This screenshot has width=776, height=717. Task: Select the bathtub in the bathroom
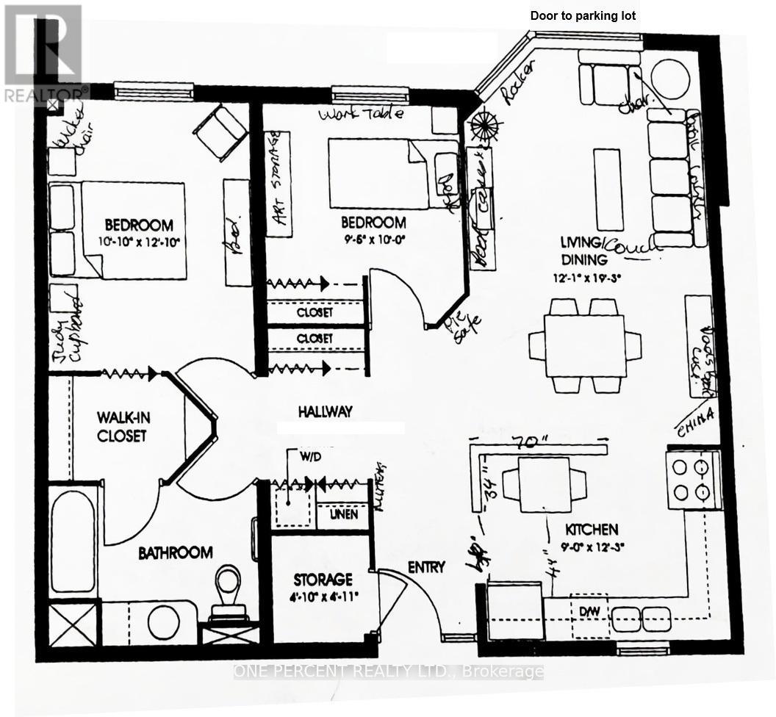point(72,540)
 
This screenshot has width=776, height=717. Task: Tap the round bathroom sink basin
point(162,622)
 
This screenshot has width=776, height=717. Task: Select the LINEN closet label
point(343,514)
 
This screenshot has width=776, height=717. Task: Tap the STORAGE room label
point(323,579)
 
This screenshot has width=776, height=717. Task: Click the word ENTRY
point(426,566)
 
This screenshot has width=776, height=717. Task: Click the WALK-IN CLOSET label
point(122,426)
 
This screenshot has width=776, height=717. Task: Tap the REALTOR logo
point(44,51)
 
